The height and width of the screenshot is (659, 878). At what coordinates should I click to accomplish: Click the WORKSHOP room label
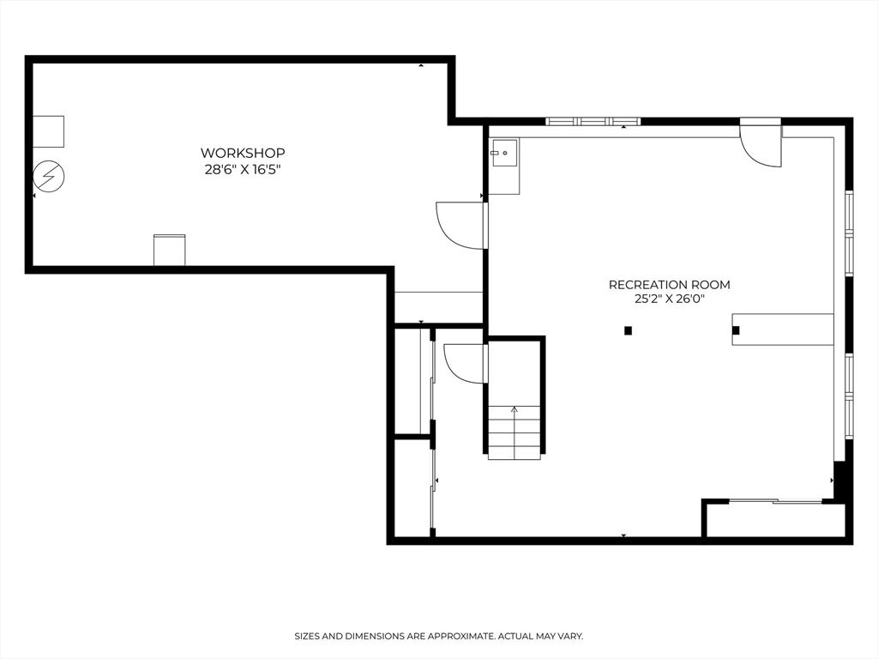243,153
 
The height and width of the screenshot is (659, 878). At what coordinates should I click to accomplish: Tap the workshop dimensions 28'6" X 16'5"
243,170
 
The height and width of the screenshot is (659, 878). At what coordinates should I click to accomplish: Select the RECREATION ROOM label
670,285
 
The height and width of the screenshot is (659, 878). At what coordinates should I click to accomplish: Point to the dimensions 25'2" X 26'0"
670,300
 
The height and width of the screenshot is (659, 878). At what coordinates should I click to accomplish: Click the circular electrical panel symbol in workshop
49,178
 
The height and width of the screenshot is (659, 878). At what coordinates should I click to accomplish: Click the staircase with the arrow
514,432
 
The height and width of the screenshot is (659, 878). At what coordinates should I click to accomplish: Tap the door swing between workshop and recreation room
463,226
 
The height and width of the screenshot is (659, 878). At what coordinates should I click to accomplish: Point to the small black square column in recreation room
628,330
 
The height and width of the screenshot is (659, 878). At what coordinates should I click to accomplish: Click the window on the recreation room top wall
593,121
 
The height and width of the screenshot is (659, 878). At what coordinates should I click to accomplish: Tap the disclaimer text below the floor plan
439,636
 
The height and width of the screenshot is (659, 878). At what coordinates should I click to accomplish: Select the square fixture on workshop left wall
48,131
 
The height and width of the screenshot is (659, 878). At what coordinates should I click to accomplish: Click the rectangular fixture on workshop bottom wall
169,250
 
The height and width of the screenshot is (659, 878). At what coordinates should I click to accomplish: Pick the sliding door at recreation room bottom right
774,501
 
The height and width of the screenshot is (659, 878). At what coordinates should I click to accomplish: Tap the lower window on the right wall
849,384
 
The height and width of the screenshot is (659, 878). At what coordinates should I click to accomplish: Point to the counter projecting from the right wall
783,329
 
